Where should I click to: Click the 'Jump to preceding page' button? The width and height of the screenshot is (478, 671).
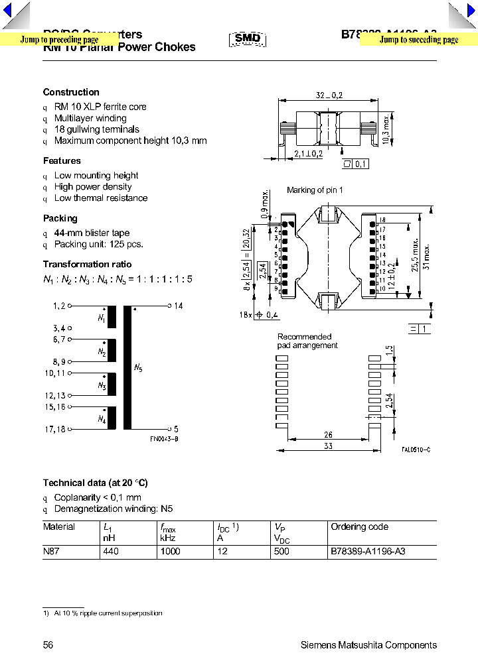[x=58, y=40]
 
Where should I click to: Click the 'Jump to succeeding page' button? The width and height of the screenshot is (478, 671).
[x=419, y=40]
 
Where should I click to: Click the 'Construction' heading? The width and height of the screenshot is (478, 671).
[x=71, y=92]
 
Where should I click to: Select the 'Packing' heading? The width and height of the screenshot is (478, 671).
[x=60, y=218]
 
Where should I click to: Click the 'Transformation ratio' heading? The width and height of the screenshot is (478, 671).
[x=82, y=264]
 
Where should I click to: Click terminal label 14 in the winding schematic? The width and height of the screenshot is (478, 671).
[x=178, y=306]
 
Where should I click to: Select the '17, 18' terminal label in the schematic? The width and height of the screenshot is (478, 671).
[x=55, y=429]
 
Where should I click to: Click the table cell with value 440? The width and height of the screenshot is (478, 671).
[x=111, y=552]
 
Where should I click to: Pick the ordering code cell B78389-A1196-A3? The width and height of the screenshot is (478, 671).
[x=367, y=552]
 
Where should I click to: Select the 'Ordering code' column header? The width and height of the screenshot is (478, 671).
[x=359, y=526]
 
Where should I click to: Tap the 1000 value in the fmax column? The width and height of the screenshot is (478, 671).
[x=170, y=552]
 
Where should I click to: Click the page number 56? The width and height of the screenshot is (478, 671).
[x=48, y=645]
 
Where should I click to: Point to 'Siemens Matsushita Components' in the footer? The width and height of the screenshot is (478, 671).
[x=368, y=645]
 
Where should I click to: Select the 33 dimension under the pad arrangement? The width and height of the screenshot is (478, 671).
[x=329, y=446]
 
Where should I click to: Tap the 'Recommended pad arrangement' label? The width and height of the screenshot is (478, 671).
[x=307, y=341]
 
